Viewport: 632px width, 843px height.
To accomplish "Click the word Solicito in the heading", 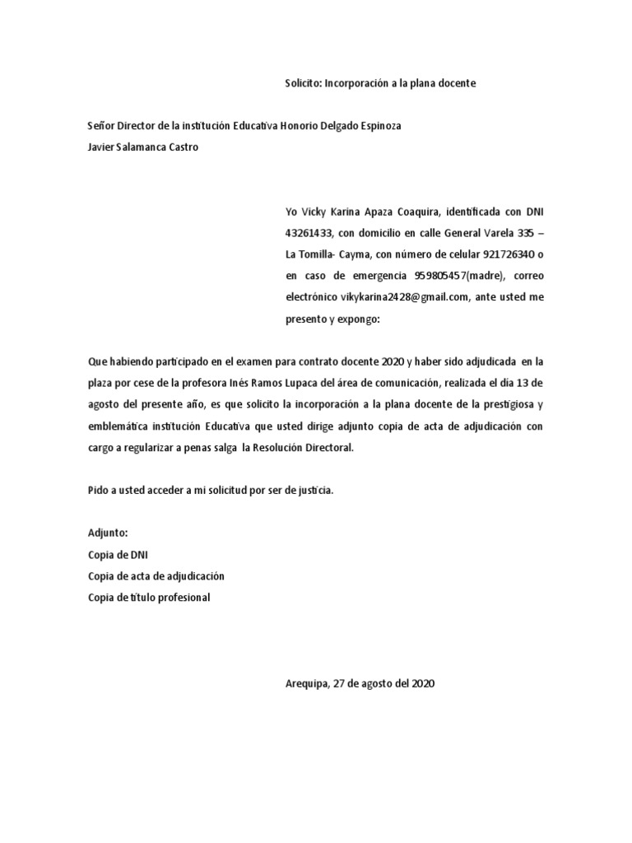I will click(303, 84).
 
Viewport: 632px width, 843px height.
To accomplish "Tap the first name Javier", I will click(103, 147).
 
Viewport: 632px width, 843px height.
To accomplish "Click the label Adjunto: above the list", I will click(108, 533).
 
